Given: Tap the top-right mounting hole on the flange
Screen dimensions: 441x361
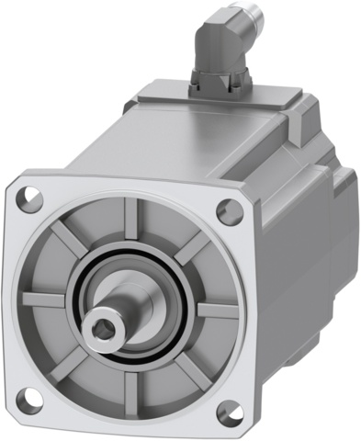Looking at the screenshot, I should coord(225,209).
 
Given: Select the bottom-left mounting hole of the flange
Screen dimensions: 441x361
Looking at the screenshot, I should coord(28,398).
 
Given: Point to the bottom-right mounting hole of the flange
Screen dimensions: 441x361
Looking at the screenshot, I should coord(224,413).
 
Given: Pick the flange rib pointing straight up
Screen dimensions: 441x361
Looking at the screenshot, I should coord(129,219).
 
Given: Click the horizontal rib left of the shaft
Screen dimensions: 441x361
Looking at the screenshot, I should coord(44,299).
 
